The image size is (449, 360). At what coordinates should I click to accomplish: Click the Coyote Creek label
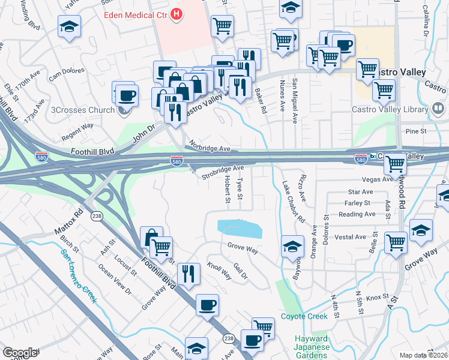304,316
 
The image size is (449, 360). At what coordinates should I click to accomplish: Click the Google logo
20,352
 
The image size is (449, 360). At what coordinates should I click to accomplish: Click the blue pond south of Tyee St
239,228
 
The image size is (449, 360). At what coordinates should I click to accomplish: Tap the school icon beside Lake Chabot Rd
292,247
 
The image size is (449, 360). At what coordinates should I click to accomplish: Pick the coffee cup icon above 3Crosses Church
127,95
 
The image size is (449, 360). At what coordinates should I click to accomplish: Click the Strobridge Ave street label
223,172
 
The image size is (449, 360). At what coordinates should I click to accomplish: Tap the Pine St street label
415,131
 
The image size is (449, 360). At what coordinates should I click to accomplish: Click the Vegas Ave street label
377,179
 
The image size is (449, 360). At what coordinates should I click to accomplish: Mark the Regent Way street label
77,127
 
